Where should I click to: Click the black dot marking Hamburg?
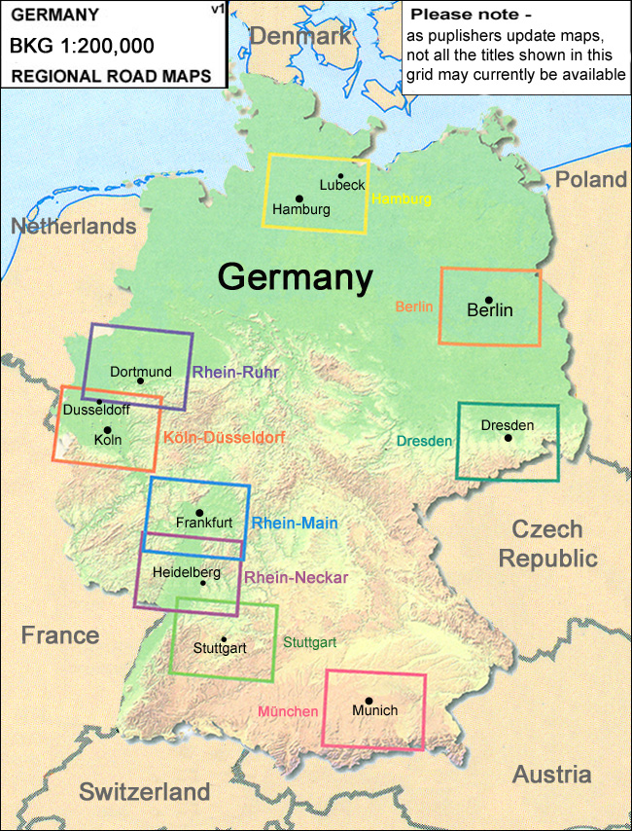(x=299, y=199)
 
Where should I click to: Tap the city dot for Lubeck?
(x=340, y=176)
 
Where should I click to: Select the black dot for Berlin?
(x=489, y=300)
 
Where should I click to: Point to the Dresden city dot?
(x=508, y=438)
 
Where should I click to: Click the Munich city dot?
(x=369, y=701)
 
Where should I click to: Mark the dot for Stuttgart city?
(x=224, y=639)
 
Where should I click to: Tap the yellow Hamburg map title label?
(x=401, y=199)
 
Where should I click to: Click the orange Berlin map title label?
(x=413, y=307)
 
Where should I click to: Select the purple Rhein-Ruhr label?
(x=236, y=372)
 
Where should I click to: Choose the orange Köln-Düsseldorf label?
(x=224, y=438)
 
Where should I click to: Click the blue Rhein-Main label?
(x=295, y=523)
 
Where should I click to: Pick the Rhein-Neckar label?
(x=296, y=578)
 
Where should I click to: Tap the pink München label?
(x=288, y=711)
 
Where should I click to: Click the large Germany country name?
(x=295, y=276)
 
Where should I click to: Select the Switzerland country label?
(x=144, y=790)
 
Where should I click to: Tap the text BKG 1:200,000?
(x=82, y=46)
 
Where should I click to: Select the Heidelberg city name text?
(x=186, y=572)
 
